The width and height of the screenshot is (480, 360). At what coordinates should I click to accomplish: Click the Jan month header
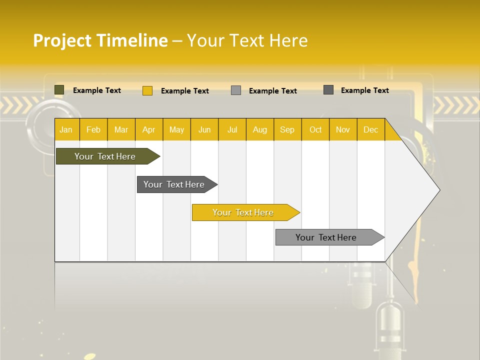tap(66, 130)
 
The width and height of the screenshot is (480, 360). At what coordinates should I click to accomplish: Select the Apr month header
tap(149, 130)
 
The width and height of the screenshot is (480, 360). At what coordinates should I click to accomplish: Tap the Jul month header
tap(232, 130)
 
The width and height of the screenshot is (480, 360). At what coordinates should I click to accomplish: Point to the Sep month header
tap(287, 130)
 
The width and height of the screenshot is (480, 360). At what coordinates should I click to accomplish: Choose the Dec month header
tap(370, 130)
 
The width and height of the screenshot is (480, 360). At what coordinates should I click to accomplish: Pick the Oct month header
tap(315, 130)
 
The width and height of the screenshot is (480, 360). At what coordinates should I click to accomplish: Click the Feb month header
tap(93, 130)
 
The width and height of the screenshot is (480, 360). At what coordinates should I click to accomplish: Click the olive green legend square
tap(59, 90)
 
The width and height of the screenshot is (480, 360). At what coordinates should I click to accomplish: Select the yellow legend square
tap(147, 90)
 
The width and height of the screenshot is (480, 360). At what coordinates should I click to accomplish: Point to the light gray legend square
tap(236, 90)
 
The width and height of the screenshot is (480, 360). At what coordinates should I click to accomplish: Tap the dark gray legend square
tap(328, 90)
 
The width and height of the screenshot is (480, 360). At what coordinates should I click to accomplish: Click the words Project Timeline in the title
tap(100, 40)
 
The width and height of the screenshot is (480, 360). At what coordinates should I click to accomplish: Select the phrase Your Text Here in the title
tap(247, 40)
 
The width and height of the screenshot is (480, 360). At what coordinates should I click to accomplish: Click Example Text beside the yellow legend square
tap(185, 91)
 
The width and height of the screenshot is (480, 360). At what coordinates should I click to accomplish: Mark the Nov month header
tap(343, 130)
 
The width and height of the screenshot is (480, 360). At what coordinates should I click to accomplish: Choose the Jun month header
tap(204, 130)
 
